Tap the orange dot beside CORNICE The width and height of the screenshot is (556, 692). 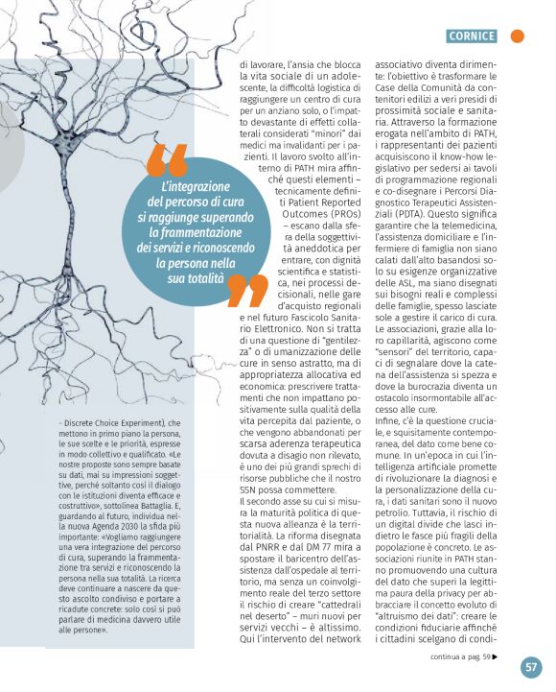518,36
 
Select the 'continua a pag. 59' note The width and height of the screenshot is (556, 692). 464,657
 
